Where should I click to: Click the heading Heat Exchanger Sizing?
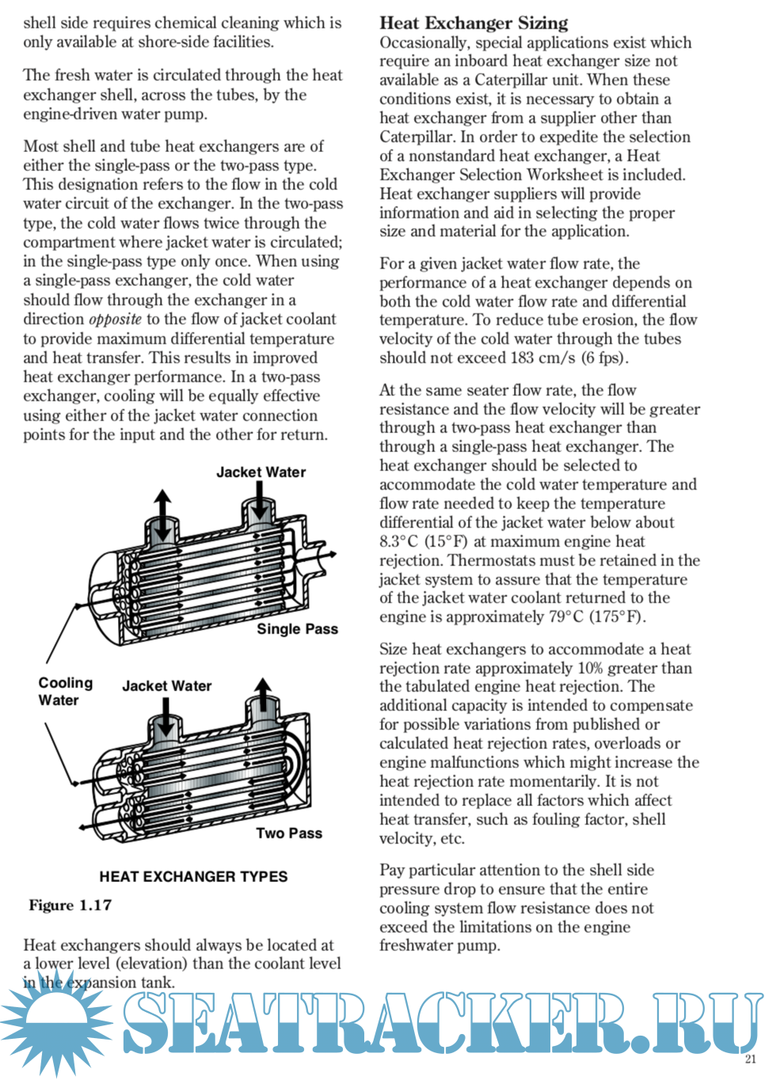(474, 23)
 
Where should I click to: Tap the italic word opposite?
(115, 319)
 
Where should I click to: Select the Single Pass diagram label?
(297, 629)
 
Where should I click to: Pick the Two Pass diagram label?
(289, 833)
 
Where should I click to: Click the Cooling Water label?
(65, 691)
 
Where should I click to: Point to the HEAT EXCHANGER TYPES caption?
(193, 877)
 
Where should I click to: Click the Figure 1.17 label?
(70, 905)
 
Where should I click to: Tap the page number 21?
(751, 1059)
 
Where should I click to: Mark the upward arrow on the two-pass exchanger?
(263, 694)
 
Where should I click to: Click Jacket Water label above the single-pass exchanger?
(261, 472)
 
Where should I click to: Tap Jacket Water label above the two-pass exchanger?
(166, 686)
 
